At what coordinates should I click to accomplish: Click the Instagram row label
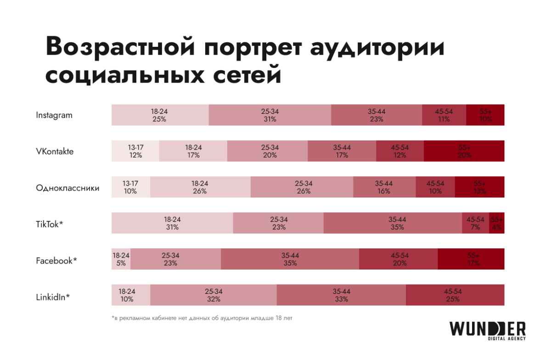point(54,115)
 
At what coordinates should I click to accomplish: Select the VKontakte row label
point(55,152)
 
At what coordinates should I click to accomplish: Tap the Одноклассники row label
point(67,188)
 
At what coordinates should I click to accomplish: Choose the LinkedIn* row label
point(53,297)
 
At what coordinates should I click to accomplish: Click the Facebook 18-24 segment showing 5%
point(121,259)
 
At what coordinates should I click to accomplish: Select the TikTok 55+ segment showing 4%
point(497,223)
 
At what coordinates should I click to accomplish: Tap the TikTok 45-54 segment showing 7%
point(475,223)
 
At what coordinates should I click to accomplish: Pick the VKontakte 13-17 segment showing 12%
point(135,151)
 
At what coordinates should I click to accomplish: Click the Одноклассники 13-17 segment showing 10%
point(131,187)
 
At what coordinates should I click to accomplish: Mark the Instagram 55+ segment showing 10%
point(485,115)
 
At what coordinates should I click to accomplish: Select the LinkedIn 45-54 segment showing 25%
point(455,295)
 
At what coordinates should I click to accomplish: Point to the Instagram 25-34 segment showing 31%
point(270,115)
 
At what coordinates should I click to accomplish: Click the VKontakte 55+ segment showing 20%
point(464,151)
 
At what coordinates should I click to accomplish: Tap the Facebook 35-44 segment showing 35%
point(290,259)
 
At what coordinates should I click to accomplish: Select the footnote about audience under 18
point(202,318)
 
